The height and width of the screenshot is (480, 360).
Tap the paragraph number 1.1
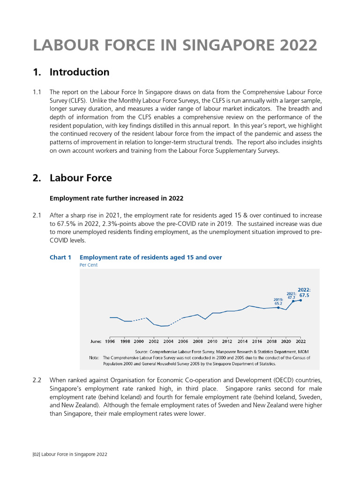pos(37,92)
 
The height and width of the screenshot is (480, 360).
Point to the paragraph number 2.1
pos(37,215)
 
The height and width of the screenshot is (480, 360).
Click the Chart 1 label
pos(60,257)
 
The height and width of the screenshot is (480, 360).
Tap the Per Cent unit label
pos(89,265)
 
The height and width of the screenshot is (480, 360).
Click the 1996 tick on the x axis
pos(110,342)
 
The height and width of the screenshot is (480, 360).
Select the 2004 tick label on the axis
pos(168,342)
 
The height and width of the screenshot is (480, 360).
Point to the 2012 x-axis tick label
pos(227,342)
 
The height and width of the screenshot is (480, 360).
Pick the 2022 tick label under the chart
pos(300,342)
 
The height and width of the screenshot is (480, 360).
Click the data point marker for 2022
pos(300,300)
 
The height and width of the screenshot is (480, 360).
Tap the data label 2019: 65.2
pos(278,301)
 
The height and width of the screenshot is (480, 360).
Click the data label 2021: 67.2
pos(291,295)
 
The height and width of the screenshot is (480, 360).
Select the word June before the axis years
pos(96,342)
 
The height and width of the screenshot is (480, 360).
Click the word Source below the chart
pos(142,351)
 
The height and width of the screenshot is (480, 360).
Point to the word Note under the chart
pos(94,357)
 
